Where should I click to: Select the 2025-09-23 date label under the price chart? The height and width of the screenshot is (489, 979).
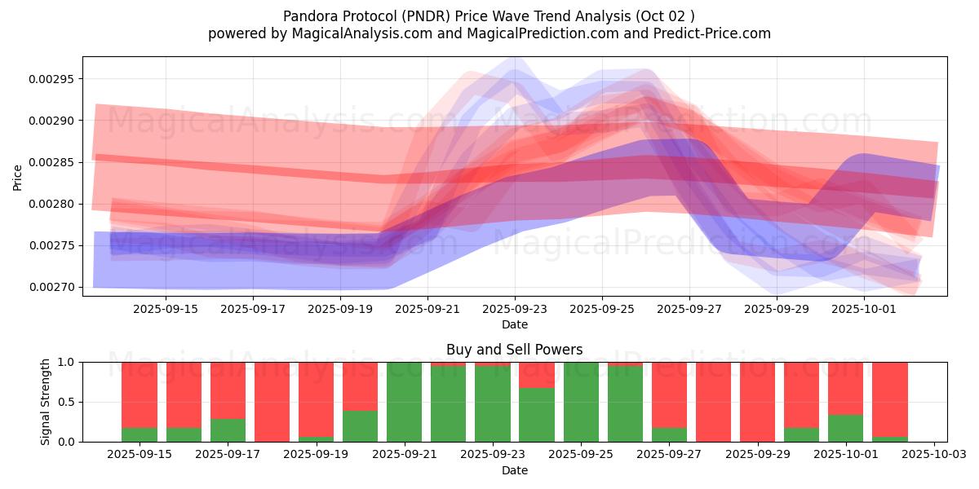coord(514,310)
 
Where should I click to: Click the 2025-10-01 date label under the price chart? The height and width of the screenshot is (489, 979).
coord(865,310)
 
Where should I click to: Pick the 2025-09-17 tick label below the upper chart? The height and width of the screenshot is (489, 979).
coord(252,310)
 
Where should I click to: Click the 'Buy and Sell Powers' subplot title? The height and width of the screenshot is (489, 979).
coord(514,350)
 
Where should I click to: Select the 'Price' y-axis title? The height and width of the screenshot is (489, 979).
coord(18,177)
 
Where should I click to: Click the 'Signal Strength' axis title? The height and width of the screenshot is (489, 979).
coord(46,402)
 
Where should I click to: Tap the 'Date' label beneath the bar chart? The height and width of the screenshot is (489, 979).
coord(514,470)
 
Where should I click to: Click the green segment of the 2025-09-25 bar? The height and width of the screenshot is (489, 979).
coord(581,402)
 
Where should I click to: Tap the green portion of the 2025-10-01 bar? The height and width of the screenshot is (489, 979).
coord(845,429)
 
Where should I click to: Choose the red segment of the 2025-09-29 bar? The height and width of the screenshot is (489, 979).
coord(757,402)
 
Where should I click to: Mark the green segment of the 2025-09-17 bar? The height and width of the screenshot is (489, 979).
coord(228,430)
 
